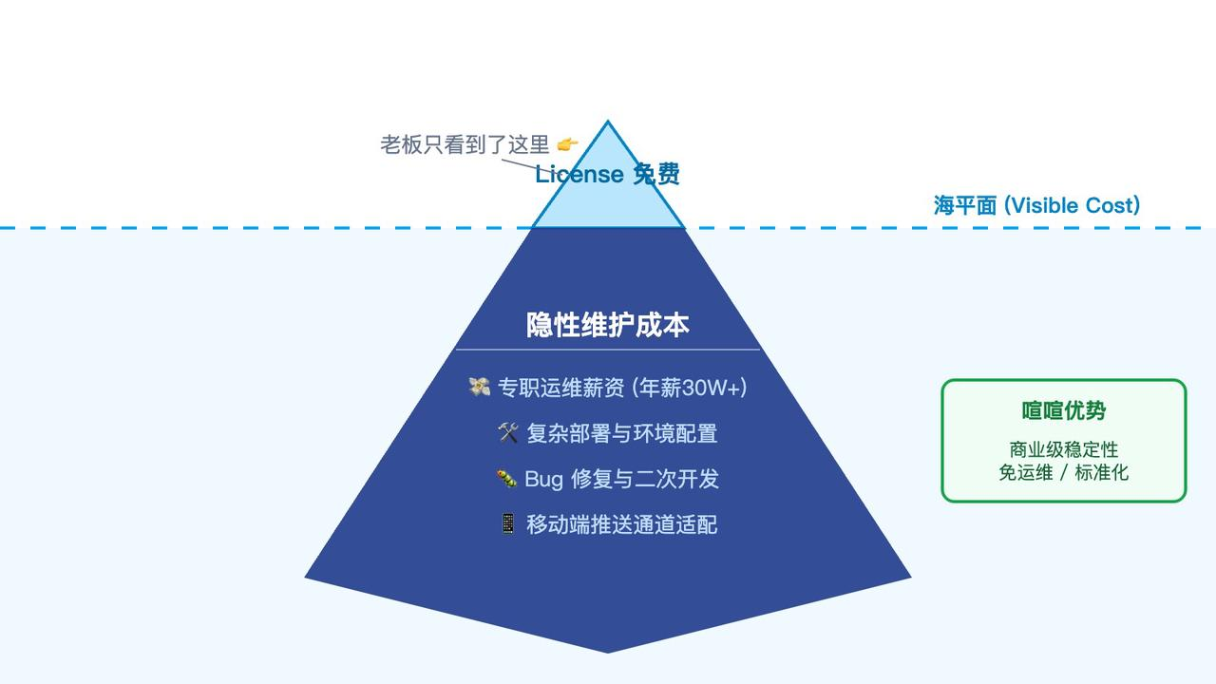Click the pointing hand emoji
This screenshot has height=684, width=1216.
point(567,144)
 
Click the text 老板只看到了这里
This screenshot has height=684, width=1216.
point(465,144)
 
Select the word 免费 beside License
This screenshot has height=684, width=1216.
point(656,174)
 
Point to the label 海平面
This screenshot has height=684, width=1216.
point(965,205)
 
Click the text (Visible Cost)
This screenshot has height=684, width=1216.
point(1073,205)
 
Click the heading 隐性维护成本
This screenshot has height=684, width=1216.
point(608,325)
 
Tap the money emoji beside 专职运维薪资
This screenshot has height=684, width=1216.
point(480,387)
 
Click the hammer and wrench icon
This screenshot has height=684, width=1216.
point(508,433)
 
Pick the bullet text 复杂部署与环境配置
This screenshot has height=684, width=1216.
point(622,433)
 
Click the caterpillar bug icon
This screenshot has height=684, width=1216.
point(506,479)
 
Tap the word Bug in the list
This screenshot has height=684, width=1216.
point(543,479)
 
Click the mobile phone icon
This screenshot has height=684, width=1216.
point(508,523)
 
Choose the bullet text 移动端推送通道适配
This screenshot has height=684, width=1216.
point(622,524)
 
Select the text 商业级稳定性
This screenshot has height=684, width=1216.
point(1064,449)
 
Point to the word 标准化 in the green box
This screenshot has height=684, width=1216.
point(1102,472)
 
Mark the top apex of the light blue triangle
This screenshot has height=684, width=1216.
point(608,122)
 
